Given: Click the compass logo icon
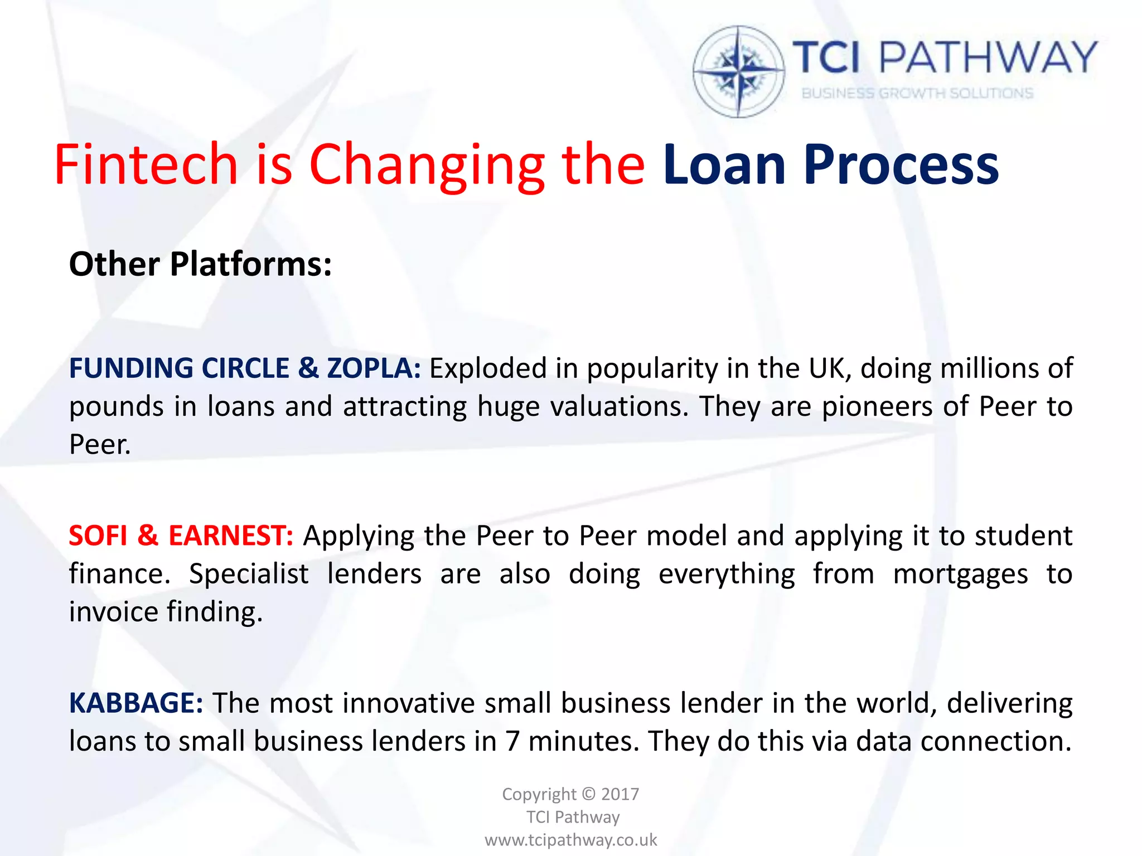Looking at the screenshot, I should [739, 71].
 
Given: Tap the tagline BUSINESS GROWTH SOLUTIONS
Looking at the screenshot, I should [917, 93].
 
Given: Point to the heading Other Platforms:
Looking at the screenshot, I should [200, 264].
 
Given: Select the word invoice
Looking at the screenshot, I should [114, 612].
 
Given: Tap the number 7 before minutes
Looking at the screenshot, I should [512, 741].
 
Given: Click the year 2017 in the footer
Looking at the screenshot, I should [620, 794].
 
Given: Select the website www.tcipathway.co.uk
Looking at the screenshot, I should [571, 839].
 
